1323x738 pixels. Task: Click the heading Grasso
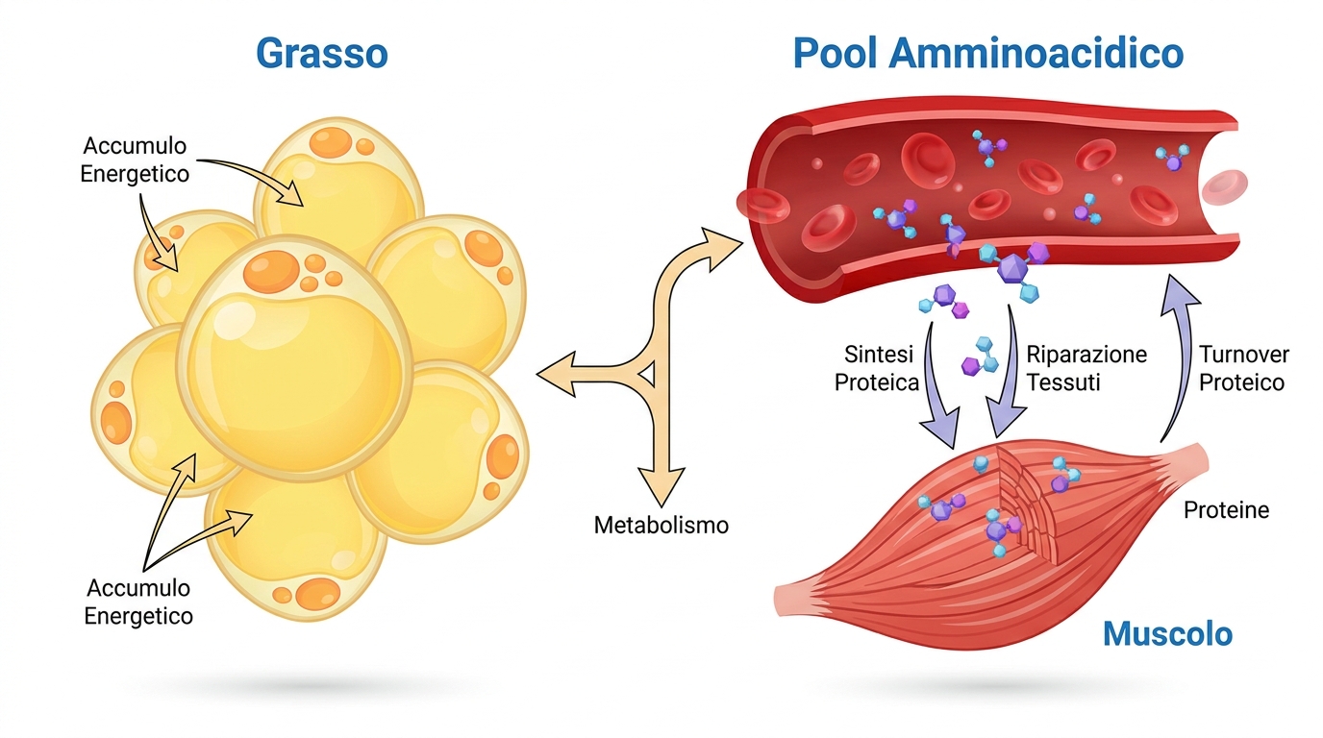322,54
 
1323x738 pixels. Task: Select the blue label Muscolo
1167,634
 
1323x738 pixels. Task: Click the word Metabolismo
661,525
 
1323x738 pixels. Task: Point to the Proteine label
1226,509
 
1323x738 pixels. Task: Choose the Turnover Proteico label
1243,368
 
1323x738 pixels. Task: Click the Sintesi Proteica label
877,368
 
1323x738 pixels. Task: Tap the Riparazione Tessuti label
1086,368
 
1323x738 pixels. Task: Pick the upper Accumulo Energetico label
135,160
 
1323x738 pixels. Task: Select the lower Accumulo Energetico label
138,602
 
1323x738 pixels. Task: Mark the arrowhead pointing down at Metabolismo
661,485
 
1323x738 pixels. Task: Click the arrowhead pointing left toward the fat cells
556,374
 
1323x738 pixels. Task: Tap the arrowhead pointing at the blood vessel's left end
723,248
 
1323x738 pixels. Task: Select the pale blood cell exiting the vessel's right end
1225,187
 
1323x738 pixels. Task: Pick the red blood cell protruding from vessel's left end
762,206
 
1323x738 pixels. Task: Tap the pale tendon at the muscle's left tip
794,600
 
